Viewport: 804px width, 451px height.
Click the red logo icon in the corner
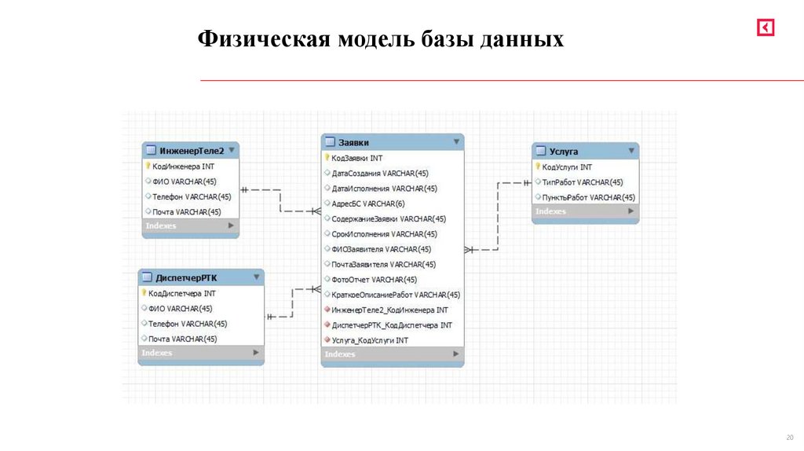coord(766,27)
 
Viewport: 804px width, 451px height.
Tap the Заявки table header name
coord(353,142)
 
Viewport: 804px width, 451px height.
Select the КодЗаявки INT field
coord(357,158)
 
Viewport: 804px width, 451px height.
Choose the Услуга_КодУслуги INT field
coord(370,340)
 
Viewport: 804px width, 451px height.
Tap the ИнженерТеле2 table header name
coord(192,151)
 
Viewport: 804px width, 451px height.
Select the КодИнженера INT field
coord(183,167)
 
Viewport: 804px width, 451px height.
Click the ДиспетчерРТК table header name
coord(186,278)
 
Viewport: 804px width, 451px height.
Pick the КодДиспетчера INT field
coord(182,293)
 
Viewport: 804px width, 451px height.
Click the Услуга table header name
coord(564,152)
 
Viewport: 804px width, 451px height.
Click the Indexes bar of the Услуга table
coord(584,212)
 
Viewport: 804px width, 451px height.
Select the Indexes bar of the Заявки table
coord(392,355)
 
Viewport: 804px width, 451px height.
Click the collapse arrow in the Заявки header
coord(456,142)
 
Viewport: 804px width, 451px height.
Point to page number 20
coord(789,438)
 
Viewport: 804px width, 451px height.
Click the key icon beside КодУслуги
coord(538,167)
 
